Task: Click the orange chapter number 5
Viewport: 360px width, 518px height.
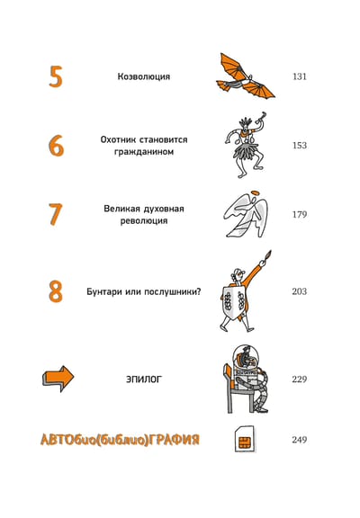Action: point(56,76)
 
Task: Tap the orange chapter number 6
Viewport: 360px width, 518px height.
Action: point(56,146)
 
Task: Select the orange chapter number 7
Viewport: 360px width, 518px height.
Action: point(55,214)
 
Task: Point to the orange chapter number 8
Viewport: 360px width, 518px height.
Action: point(56,291)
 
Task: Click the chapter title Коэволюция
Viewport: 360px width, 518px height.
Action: point(144,76)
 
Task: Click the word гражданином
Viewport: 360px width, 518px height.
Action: point(144,152)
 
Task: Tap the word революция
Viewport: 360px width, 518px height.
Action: point(144,220)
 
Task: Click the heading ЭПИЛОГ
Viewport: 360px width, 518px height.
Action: point(144,379)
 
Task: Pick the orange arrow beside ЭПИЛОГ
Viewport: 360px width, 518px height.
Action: point(58,379)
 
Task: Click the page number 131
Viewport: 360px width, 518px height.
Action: point(300,76)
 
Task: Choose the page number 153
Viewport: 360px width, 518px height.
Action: point(300,146)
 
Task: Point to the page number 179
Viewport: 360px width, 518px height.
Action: point(300,214)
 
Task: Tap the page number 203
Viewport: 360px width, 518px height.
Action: point(300,291)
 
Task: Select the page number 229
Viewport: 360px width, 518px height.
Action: point(300,379)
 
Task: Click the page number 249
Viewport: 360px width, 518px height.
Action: point(300,440)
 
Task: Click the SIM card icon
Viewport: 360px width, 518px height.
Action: point(245,440)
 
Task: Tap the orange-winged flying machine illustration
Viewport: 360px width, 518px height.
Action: point(246,76)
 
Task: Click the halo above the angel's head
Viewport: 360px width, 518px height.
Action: point(255,193)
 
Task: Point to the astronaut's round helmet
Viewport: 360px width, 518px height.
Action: point(246,358)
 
